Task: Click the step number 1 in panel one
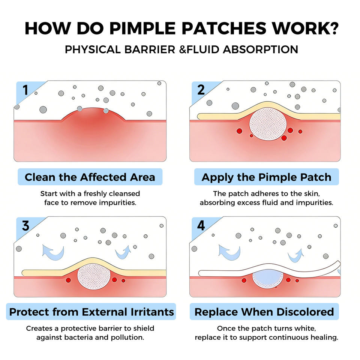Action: point(25,90)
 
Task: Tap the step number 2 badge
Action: point(201,90)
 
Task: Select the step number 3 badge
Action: point(25,226)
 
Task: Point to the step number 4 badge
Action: point(201,226)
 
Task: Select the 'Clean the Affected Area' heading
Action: point(90,177)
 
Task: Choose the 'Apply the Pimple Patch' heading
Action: point(266,177)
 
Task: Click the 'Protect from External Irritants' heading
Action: point(91,312)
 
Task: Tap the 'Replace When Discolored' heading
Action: point(264,312)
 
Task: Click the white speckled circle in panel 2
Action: point(268,123)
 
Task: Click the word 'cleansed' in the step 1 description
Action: point(124,193)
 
